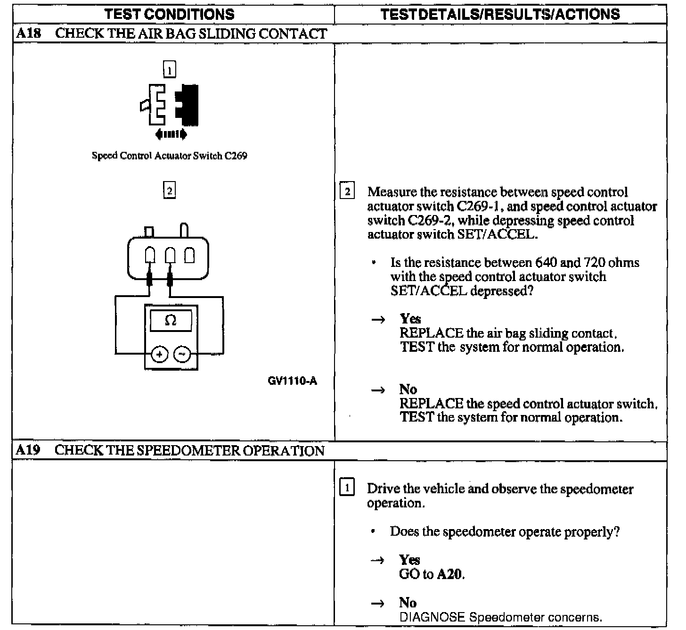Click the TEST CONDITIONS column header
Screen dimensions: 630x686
170,14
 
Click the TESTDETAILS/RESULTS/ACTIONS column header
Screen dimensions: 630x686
500,14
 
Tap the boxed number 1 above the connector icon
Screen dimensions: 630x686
169,70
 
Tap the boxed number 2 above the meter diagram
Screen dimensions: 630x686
169,191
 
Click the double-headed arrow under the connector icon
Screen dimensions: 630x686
171,135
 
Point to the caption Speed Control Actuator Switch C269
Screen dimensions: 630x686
170,156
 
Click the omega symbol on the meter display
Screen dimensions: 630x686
171,321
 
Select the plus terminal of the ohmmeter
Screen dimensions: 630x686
160,354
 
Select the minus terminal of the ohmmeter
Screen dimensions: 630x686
183,354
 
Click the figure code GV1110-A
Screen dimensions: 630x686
292,381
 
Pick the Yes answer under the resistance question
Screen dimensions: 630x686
410,319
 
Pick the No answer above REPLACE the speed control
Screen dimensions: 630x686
408,390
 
